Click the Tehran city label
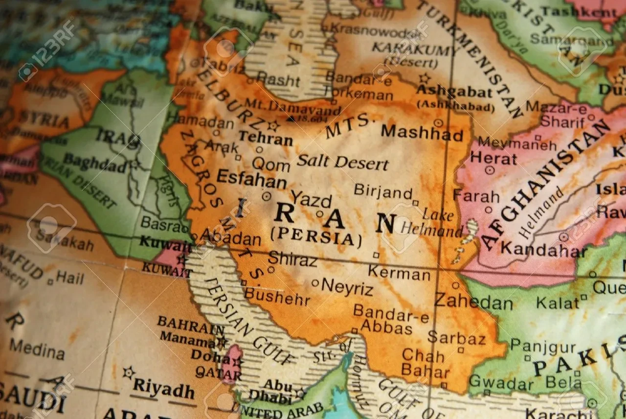point(266,139)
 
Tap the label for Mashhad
point(422,133)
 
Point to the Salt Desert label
point(342,162)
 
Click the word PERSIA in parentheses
point(316,237)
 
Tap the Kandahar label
point(543,250)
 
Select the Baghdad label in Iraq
point(95,163)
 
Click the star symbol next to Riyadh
point(129,372)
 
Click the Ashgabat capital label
point(454,92)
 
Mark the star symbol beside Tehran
point(273,125)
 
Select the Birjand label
point(383,191)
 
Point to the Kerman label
point(399,273)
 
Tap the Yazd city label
point(311,199)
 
